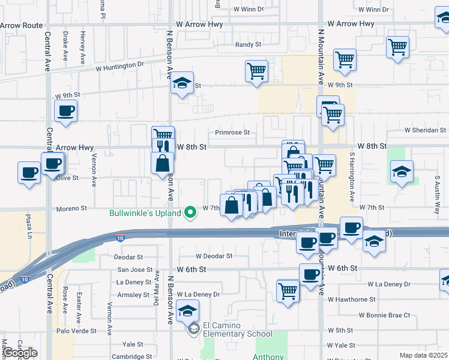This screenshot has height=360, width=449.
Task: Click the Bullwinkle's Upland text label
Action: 145,213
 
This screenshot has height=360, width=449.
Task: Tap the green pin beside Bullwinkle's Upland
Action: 191,212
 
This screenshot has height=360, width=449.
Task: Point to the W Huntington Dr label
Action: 120,68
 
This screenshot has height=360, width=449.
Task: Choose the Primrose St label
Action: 232,133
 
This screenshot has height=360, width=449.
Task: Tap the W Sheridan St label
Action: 425,130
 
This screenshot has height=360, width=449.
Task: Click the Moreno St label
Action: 72,208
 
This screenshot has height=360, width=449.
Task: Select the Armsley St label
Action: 133,295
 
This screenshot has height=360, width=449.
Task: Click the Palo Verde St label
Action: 77,330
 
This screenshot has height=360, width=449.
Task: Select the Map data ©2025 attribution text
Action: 423,355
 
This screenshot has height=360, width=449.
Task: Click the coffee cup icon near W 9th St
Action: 65,111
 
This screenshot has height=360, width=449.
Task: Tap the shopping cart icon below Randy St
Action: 256,71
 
